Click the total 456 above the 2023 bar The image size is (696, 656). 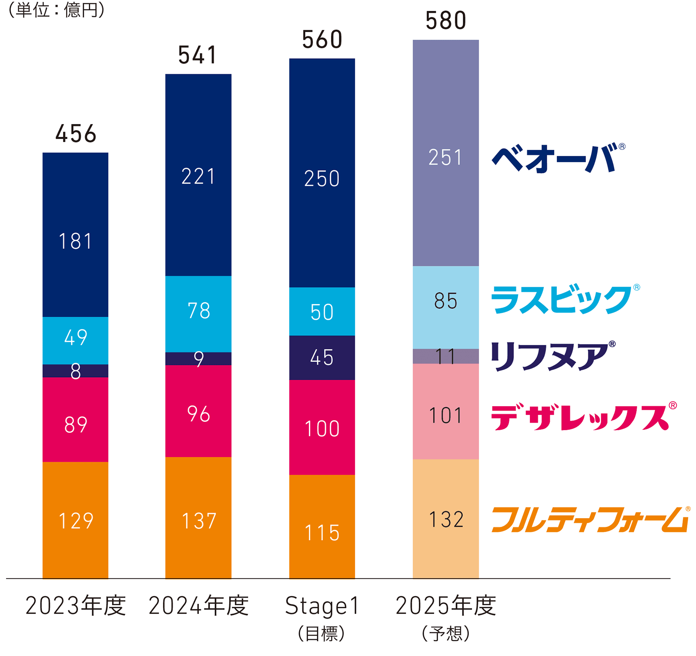(76, 133)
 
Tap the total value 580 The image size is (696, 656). (446, 21)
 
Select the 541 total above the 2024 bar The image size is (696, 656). (198, 55)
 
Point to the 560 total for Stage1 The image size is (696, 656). (322, 40)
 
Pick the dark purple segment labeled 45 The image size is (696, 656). (322, 358)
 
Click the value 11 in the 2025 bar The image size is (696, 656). (446, 356)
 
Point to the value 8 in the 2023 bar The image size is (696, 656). (75, 371)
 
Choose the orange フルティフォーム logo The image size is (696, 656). (590, 520)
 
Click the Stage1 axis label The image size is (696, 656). (322, 606)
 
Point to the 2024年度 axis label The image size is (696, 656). (198, 606)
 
